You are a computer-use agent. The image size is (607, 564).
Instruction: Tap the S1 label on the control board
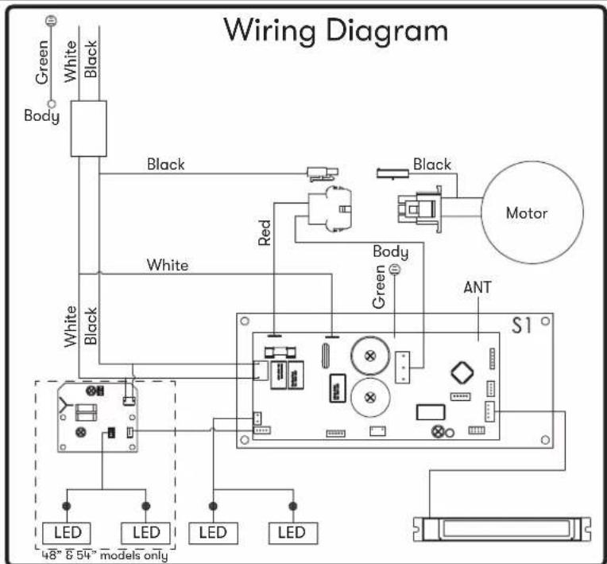tap(522, 325)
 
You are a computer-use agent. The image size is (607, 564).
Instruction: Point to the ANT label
tap(477, 287)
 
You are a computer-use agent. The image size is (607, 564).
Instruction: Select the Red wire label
tap(265, 232)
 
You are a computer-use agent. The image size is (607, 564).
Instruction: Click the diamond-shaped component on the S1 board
tap(462, 372)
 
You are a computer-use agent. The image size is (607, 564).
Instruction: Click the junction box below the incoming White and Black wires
tap(89, 129)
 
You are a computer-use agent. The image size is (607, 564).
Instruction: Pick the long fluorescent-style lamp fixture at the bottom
tap(502, 529)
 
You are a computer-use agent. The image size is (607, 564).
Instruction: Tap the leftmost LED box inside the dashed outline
tap(67, 533)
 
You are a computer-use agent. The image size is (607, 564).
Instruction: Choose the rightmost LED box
tap(293, 533)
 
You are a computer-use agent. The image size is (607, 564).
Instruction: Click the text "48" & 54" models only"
tap(105, 555)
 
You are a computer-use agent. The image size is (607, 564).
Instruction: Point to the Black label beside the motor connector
tap(432, 165)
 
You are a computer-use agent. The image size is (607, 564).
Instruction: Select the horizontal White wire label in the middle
tap(168, 265)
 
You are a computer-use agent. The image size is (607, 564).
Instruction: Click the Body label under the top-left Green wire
tap(42, 116)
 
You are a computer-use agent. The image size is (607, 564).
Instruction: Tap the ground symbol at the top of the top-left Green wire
tap(51, 21)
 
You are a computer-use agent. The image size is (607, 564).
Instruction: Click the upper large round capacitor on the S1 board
tap(370, 356)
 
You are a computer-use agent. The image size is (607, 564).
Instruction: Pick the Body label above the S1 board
tap(391, 252)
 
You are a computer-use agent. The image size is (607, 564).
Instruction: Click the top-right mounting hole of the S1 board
tap(545, 321)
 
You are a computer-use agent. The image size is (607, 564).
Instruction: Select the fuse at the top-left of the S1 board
tap(280, 352)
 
